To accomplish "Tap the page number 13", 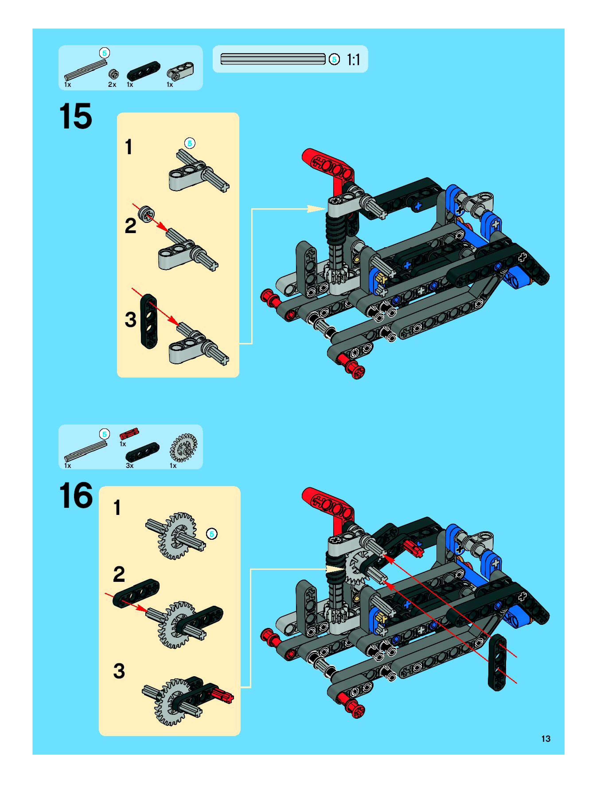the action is pos(545,739).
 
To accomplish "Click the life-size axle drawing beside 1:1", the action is pos(273,59).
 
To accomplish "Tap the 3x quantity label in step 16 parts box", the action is pos(130,465).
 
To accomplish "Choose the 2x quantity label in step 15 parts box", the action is pos(112,84).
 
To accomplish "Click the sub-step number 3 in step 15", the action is pos(130,319).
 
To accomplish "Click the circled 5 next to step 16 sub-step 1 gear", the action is pos(212,534).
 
